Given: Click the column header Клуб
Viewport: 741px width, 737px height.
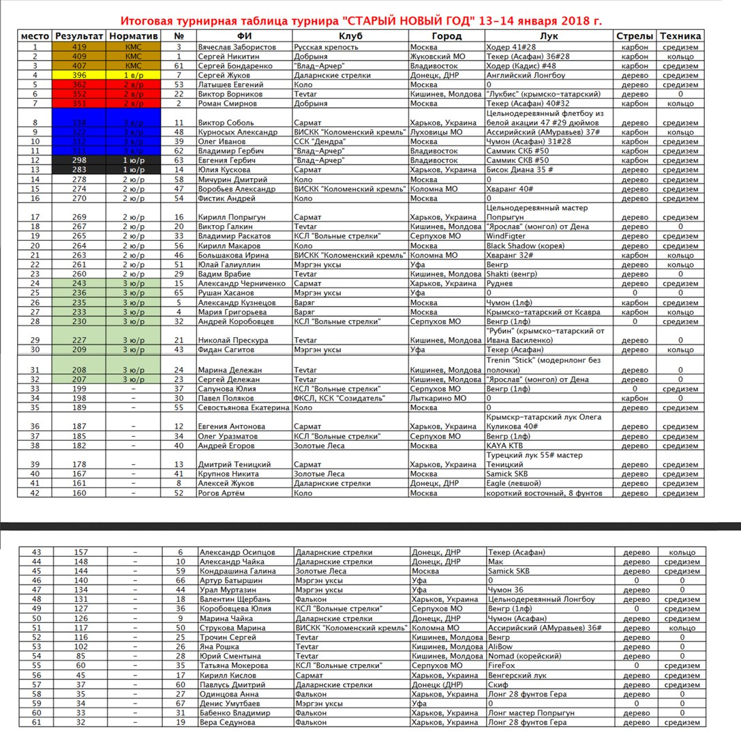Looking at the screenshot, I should click(350, 35).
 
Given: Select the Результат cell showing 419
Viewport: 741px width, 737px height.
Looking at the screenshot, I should click(79, 46).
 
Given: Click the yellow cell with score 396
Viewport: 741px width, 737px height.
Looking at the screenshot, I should click(79, 75).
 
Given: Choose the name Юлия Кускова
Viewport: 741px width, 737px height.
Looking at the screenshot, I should click(220, 169).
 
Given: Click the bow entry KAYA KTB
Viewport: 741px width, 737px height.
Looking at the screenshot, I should click(505, 446).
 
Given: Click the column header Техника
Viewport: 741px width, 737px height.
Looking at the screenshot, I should click(680, 35).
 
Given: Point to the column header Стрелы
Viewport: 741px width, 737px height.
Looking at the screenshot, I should click(635, 35).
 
